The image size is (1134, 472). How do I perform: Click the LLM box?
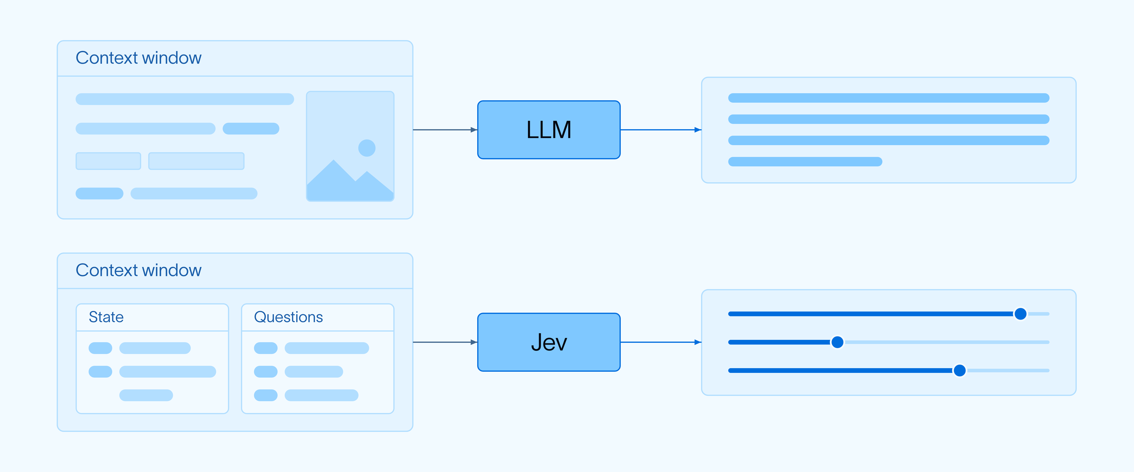[549, 130]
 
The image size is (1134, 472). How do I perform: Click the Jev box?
[549, 342]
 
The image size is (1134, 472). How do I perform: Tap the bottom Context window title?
[139, 270]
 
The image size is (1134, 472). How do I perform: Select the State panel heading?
[106, 317]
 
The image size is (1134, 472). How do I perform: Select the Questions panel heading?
[288, 317]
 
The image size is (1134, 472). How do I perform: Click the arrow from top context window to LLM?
[445, 130]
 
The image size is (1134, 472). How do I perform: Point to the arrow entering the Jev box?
[445, 342]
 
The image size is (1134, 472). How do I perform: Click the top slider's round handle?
[1020, 314]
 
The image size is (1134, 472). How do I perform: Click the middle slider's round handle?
[837, 342]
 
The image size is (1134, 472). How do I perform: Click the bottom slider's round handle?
[960, 371]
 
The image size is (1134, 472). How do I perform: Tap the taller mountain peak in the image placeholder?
[334, 160]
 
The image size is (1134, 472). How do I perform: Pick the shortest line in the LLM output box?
[805, 161]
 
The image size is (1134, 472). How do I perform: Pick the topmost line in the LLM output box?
[889, 98]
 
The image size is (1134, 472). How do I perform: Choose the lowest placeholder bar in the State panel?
[146, 395]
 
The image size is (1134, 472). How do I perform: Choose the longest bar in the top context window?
[185, 99]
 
